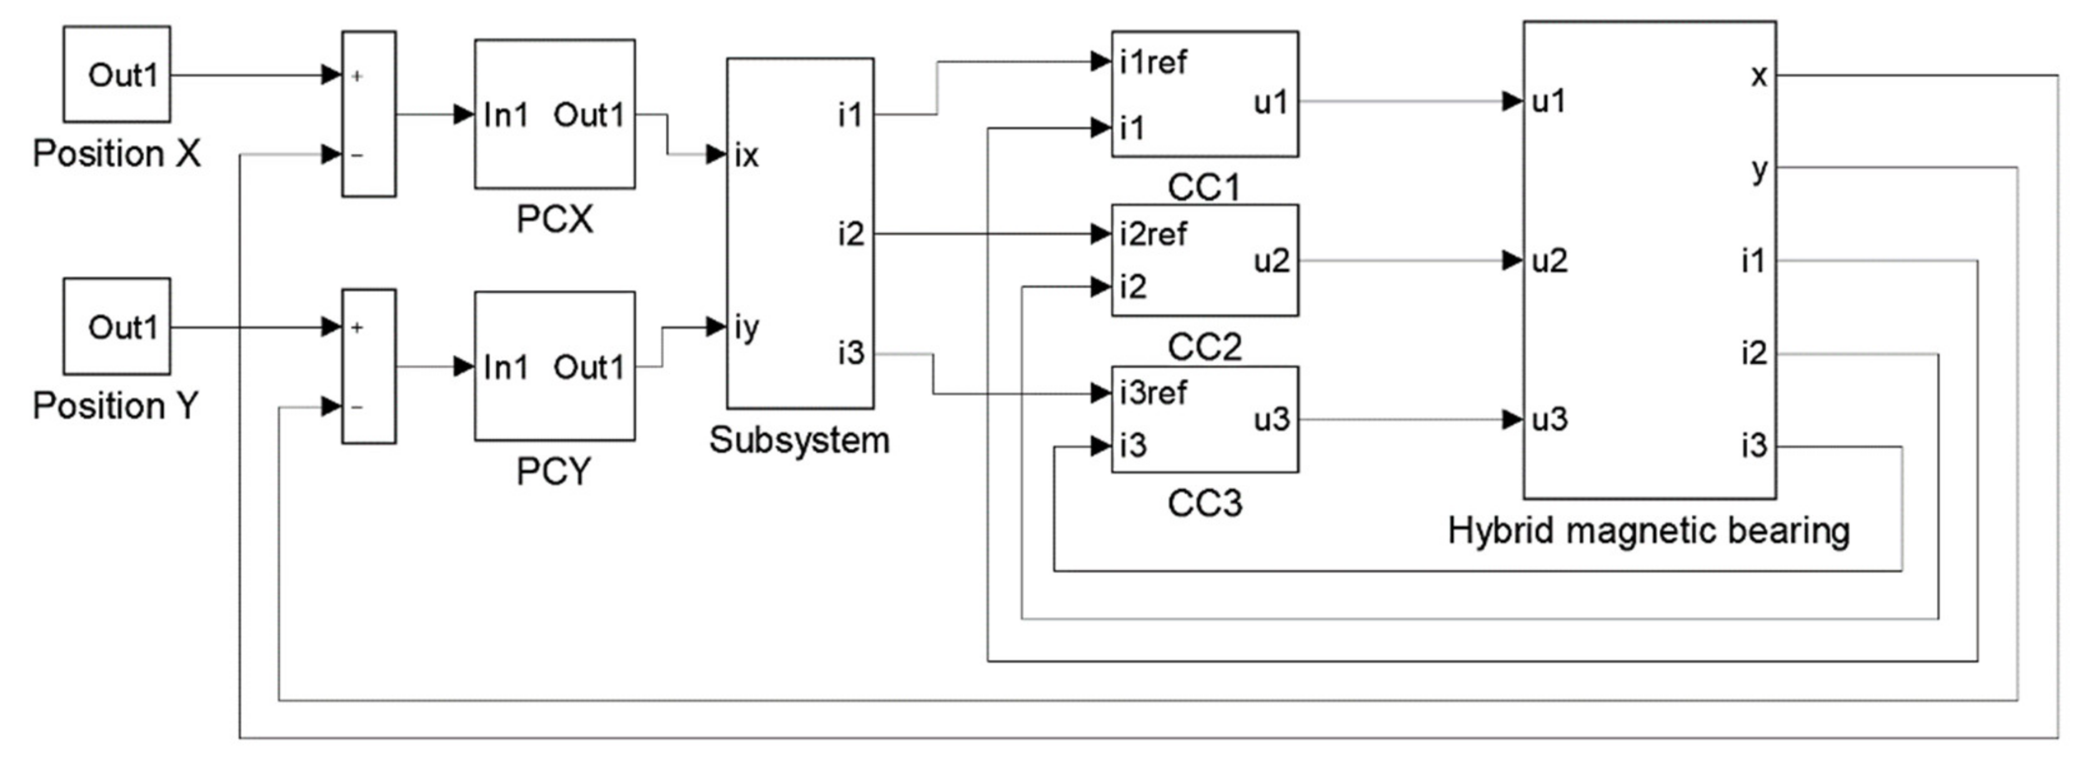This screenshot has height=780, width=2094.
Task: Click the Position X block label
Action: (x=116, y=154)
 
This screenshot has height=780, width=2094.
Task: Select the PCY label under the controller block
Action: (x=554, y=471)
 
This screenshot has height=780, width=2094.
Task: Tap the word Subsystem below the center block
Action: (x=799, y=440)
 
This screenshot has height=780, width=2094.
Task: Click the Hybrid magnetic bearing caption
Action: (x=1648, y=531)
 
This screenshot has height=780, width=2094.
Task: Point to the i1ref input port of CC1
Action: (x=1153, y=62)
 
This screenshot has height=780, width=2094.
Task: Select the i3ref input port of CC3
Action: (x=1153, y=393)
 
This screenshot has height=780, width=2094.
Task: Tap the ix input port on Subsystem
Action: (x=746, y=155)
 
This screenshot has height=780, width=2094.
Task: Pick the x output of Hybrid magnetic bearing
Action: (x=1758, y=76)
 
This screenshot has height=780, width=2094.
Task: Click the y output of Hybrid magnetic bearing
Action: (x=1759, y=170)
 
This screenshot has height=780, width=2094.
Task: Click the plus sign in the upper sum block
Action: (x=357, y=76)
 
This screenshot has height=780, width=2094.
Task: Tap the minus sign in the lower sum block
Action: (x=357, y=407)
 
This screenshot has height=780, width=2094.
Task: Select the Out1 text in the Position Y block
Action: (x=122, y=327)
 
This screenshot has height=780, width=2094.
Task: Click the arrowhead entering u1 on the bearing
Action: (x=1512, y=102)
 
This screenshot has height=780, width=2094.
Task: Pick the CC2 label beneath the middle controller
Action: (x=1205, y=348)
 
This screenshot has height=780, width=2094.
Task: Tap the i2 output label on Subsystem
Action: (x=850, y=235)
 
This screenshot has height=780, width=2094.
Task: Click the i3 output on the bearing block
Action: (x=1753, y=446)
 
